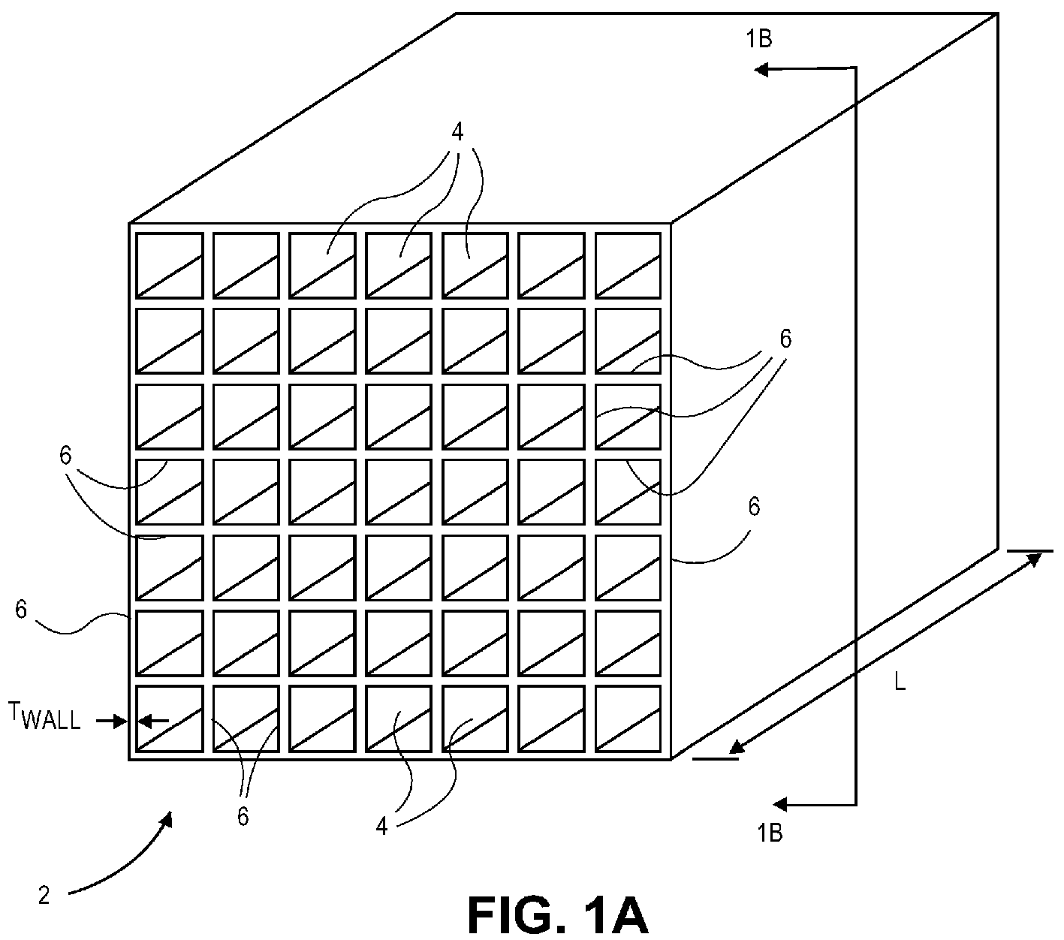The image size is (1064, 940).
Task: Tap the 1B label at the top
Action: (x=759, y=39)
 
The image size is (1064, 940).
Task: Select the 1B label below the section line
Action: (x=770, y=833)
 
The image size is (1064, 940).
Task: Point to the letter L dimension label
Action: (x=900, y=682)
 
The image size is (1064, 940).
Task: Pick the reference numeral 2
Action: (x=44, y=896)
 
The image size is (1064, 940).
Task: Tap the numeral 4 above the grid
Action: (x=457, y=133)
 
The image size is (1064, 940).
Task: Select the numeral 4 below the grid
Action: (x=381, y=827)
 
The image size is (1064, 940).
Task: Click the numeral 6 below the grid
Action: (x=243, y=817)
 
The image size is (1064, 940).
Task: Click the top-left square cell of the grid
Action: (x=169, y=266)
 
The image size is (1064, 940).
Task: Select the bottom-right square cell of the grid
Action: (x=628, y=719)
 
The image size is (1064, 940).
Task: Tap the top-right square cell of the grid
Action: (x=628, y=266)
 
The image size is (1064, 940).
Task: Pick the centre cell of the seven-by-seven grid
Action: (x=399, y=492)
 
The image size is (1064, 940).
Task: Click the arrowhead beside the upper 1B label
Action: (x=761, y=69)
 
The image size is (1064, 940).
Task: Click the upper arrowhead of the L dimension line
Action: (x=1033, y=561)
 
